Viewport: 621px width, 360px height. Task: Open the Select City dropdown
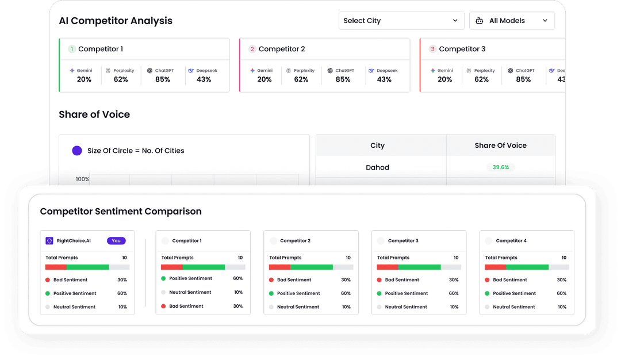click(x=401, y=21)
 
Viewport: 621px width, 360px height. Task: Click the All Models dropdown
click(x=512, y=21)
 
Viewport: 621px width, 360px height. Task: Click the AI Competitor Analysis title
click(x=116, y=21)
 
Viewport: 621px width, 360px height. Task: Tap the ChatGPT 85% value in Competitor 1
click(x=163, y=79)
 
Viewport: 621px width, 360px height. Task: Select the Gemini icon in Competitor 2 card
click(x=252, y=71)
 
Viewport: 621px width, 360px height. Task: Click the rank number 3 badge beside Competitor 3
click(x=432, y=49)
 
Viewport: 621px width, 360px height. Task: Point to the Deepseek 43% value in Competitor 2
click(x=384, y=79)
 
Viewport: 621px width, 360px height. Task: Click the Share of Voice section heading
click(x=94, y=114)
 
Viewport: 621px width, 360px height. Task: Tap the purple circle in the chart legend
click(x=77, y=151)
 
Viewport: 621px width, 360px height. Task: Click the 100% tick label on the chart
click(x=83, y=179)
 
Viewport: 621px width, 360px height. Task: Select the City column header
click(x=377, y=145)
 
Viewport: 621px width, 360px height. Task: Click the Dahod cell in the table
click(x=377, y=167)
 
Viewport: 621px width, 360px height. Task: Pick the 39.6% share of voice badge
click(x=500, y=167)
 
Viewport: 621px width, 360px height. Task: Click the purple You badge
click(x=116, y=241)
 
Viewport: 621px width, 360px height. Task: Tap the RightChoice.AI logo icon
click(x=49, y=241)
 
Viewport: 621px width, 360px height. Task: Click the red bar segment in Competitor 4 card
click(x=495, y=267)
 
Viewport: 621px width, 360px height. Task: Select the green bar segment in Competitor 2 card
click(x=311, y=267)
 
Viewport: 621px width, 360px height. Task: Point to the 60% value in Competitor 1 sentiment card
click(x=237, y=278)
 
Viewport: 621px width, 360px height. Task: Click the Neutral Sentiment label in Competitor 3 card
click(x=406, y=307)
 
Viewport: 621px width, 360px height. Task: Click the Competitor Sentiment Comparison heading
click(x=121, y=212)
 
